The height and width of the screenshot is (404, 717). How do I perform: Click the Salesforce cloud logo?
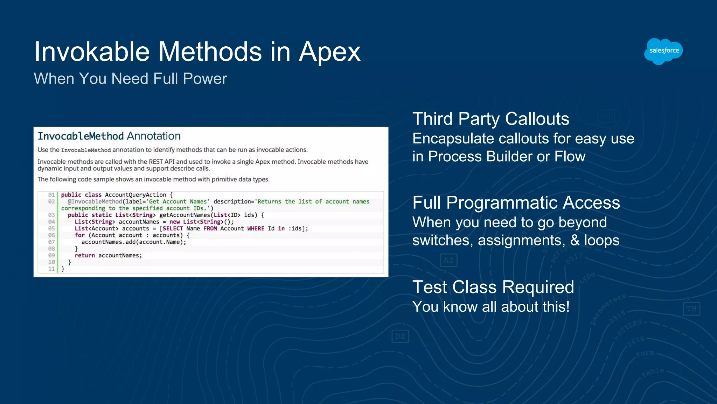pos(663,51)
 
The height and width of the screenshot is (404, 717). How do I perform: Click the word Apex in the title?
pos(329,52)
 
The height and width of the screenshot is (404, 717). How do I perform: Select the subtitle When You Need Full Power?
pos(130,79)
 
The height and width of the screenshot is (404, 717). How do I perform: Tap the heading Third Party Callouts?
pos(490,119)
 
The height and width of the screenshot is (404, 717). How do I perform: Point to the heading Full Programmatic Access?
pos(516,203)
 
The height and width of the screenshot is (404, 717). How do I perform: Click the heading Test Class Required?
pos(493,287)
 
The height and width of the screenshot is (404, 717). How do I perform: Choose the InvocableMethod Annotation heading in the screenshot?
pos(109,136)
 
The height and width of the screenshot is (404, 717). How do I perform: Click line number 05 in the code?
pos(51,229)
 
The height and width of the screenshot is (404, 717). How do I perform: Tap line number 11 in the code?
pos(51,269)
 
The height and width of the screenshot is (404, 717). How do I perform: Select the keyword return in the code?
pos(85,256)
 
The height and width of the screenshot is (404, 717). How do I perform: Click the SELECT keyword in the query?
pos(173,229)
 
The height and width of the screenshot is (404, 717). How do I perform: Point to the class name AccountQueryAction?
pos(135,195)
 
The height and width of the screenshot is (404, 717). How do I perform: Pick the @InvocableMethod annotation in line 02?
pos(95,202)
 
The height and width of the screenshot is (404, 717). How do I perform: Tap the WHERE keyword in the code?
pos(256,229)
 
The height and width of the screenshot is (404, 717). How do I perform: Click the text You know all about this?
pos(491,307)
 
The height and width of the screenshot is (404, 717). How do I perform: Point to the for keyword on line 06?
pos(79,235)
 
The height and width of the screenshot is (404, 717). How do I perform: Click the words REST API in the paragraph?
pos(161,162)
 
